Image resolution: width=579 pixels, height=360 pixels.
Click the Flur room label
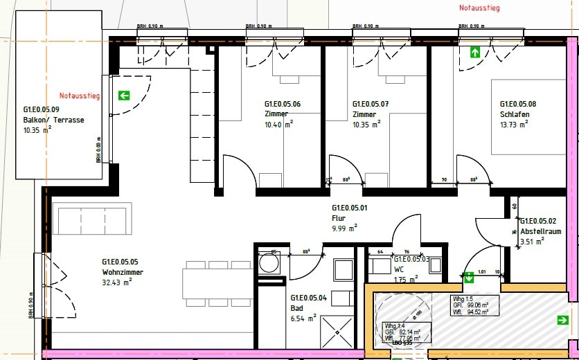[x=338, y=217]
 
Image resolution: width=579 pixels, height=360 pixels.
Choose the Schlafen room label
[x=513, y=114]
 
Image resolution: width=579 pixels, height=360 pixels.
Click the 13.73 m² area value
[x=513, y=125]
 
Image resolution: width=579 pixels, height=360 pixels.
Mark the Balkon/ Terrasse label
[x=53, y=120]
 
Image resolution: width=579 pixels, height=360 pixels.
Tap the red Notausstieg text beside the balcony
[x=79, y=96]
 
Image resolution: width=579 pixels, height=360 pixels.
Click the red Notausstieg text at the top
[x=479, y=8]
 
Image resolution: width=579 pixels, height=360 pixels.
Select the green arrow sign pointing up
[x=476, y=52]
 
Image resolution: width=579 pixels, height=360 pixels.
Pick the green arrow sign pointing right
[x=562, y=320]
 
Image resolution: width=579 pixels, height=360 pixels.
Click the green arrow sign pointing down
[x=469, y=278]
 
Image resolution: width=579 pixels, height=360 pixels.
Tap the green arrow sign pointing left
[x=125, y=96]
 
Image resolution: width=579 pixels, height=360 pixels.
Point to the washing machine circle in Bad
[x=267, y=263]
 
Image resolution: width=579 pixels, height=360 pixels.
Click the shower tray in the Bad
[x=337, y=332]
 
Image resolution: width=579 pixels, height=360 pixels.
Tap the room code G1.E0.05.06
[x=283, y=104]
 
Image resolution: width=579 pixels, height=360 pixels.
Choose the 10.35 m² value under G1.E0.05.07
[x=366, y=125]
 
